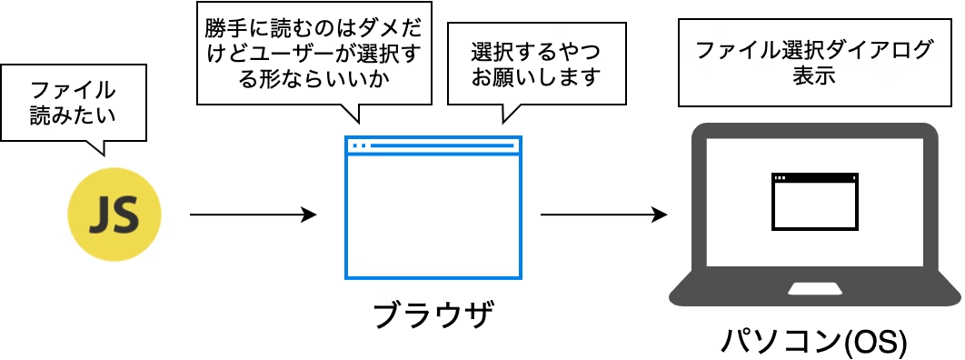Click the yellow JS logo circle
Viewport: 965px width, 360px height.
114,216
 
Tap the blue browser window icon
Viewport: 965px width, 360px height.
433,208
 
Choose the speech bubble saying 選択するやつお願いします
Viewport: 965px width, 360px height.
536,64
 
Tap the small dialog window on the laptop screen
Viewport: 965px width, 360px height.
814,201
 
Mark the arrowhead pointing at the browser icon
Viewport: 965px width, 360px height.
309,215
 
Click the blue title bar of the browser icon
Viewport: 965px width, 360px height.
433,145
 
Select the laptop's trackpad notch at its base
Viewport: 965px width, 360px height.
814,289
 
